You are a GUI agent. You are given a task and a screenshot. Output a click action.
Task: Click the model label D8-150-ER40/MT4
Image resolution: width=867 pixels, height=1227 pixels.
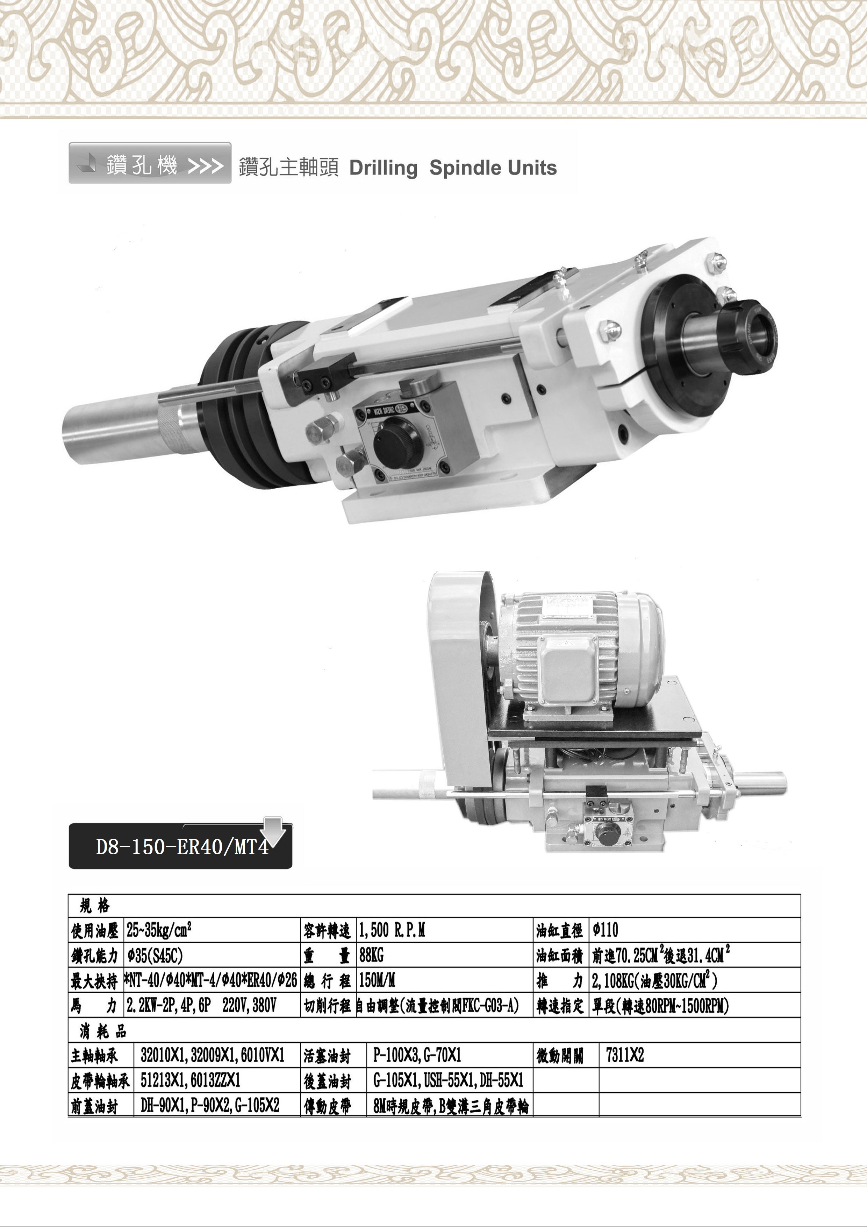[182, 847]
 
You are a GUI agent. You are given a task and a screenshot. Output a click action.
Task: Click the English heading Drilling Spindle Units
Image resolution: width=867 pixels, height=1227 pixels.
[453, 168]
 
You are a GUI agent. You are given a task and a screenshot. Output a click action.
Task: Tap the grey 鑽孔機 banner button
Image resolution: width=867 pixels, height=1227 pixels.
[150, 163]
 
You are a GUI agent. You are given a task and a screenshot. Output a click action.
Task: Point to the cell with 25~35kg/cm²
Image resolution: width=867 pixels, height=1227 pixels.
[159, 930]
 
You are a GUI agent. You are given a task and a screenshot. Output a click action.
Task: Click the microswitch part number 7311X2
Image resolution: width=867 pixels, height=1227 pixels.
[625, 1056]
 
